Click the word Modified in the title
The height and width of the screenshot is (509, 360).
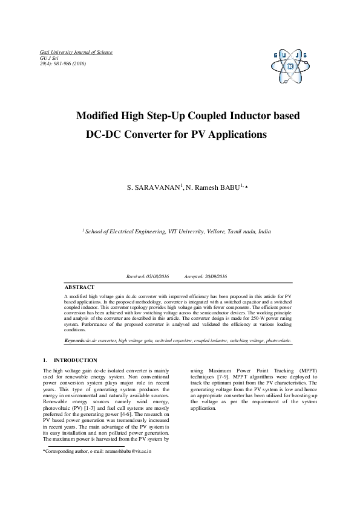[99, 115]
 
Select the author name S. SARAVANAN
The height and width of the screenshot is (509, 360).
[153, 189]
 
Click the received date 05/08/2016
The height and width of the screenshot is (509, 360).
[157, 276]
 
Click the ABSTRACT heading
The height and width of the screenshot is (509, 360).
[79, 287]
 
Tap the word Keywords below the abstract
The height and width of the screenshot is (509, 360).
[74, 341]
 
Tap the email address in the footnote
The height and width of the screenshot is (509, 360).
[128, 451]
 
